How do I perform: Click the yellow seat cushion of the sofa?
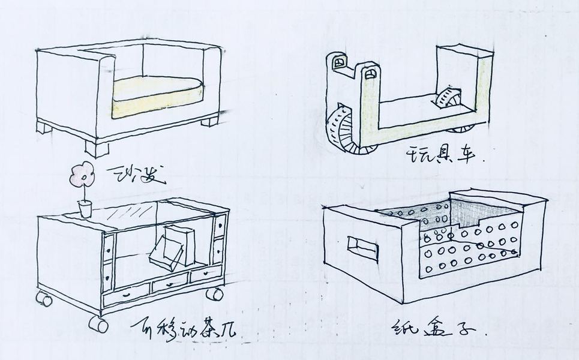(x=159, y=88)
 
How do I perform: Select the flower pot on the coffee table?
(x=85, y=209)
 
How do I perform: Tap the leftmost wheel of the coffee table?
(x=43, y=298)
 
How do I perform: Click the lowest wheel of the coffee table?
(x=97, y=324)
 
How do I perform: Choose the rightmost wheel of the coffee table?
(x=214, y=294)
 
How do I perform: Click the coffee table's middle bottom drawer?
(x=170, y=283)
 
